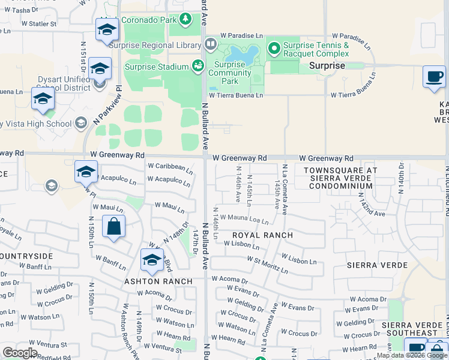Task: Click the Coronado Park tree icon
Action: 185,19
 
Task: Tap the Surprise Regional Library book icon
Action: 210,43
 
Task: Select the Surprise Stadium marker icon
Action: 197,66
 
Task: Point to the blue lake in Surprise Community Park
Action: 244,55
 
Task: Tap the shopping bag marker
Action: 113,228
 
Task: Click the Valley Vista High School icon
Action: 80,124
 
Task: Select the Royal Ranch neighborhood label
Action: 262,235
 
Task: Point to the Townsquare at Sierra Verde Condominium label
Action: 340,178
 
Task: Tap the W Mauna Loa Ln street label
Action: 244,219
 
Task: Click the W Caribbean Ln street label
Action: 170,167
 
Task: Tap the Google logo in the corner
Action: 20,352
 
